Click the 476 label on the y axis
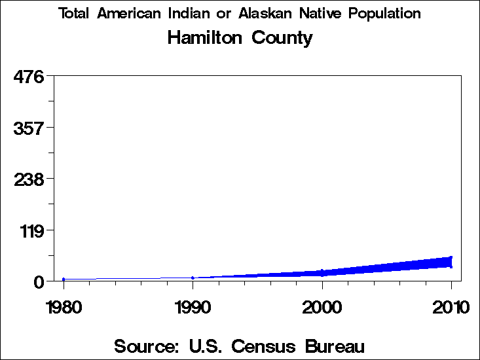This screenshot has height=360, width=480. point(28,77)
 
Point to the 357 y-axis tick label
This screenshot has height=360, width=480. point(28,128)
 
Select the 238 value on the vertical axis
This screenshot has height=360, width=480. point(28,179)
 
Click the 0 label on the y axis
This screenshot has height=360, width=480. point(39,281)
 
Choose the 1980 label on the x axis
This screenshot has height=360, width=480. point(64,306)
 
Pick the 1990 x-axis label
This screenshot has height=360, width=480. point(193,306)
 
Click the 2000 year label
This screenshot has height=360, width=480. point(322,306)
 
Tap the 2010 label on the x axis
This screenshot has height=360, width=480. point(451,306)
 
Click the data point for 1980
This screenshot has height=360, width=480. point(64,279)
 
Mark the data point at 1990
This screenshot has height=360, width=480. point(193,278)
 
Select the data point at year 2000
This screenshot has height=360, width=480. point(322,272)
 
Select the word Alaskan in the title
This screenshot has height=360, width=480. point(269,13)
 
